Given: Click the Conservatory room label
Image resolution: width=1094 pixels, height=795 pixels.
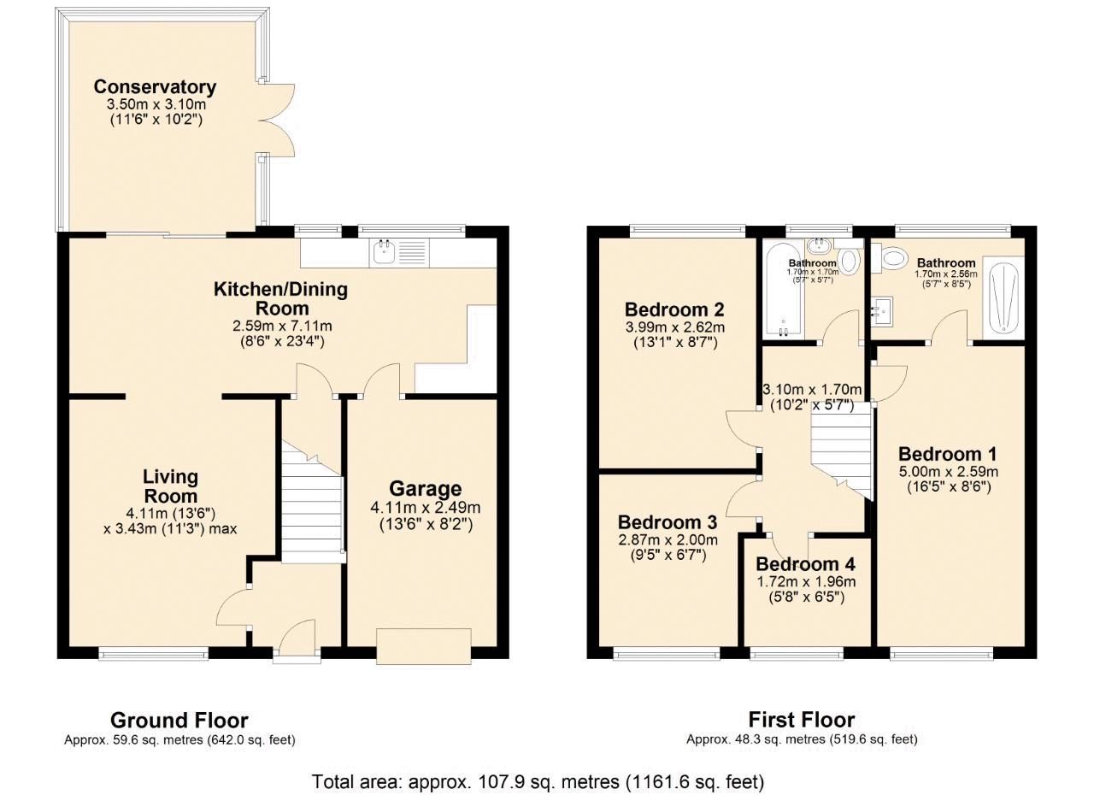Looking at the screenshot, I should (155, 87).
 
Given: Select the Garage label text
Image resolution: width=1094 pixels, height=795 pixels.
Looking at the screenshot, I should (425, 489).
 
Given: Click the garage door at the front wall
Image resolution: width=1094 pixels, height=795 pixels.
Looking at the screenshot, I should (424, 645).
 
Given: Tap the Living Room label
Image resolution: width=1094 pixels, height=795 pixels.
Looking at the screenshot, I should (170, 486).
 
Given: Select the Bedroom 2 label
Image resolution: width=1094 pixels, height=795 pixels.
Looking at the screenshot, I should (674, 309).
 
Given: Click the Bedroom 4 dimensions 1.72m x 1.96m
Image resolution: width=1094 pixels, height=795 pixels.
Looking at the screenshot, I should (805, 582).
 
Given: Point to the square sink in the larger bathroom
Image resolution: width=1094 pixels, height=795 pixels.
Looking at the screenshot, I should (881, 311).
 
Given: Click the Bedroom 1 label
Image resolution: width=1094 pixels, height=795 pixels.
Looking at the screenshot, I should (947, 454).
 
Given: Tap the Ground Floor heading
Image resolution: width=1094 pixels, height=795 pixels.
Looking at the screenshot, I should (179, 721).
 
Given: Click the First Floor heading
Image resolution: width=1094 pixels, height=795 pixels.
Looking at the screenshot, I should (801, 720).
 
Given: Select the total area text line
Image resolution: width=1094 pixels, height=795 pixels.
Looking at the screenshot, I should (538, 781).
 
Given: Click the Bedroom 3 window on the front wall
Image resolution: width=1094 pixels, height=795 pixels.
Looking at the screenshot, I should (667, 655).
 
